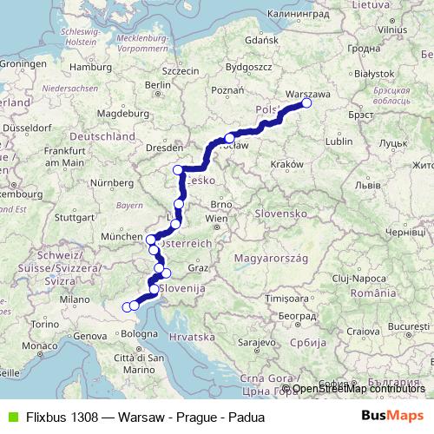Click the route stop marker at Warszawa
pyautogui.click(x=306, y=103)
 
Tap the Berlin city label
pyautogui.click(x=159, y=85)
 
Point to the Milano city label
pyautogui.click(x=75, y=299)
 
